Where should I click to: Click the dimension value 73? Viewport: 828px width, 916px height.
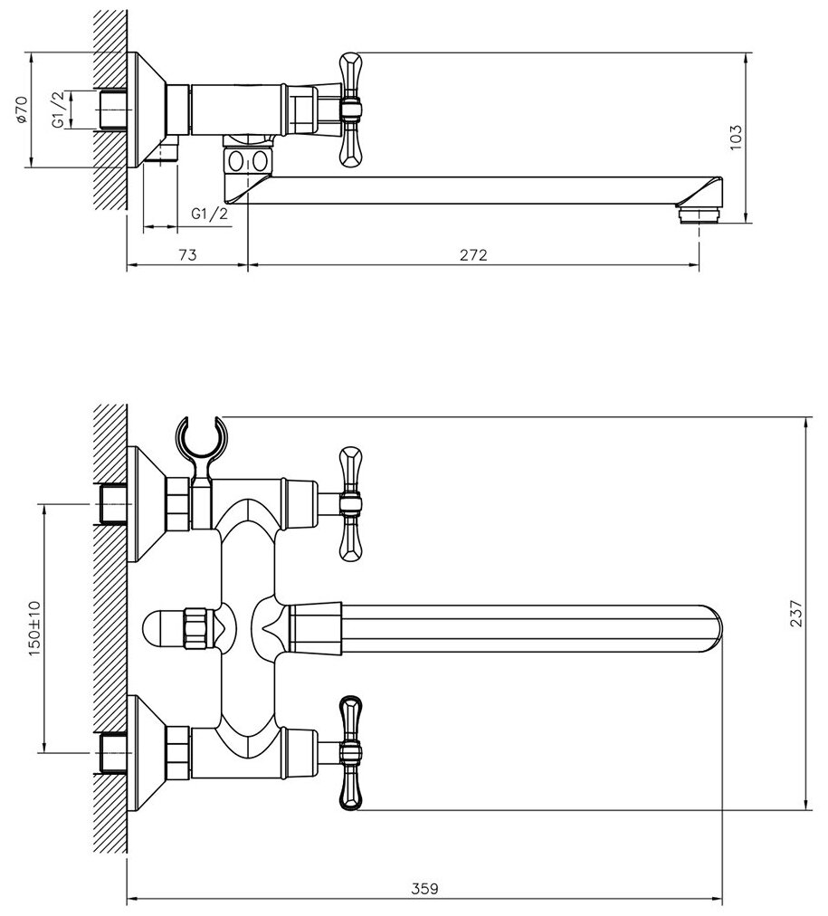(x=187, y=254)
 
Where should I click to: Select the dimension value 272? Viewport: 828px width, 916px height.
(x=473, y=254)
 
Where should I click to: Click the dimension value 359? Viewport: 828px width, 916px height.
(x=426, y=889)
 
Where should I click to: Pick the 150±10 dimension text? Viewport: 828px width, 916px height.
(x=34, y=626)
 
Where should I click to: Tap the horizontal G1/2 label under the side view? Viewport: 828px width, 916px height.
(x=209, y=214)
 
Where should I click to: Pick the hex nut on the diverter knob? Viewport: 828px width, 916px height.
(x=195, y=627)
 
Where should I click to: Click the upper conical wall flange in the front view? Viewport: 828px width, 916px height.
(x=145, y=503)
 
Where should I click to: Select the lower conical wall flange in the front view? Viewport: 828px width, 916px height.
(x=145, y=750)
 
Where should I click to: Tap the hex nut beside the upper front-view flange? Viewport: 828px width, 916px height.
(x=178, y=503)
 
